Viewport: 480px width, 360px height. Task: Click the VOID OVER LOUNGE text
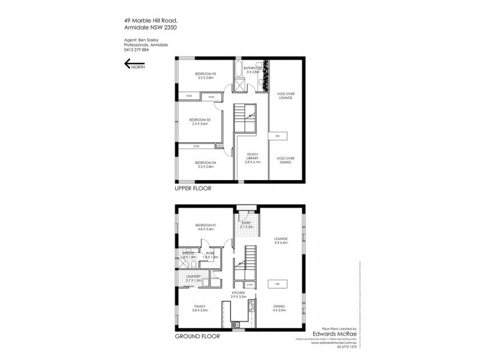click(x=285, y=96)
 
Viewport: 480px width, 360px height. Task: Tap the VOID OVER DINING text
click(x=285, y=160)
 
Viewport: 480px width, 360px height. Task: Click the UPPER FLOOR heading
click(x=191, y=188)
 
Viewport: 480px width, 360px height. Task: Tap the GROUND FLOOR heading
click(x=194, y=337)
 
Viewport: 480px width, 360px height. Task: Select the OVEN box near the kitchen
click(x=250, y=284)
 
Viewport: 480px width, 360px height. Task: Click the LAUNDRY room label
click(x=193, y=278)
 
